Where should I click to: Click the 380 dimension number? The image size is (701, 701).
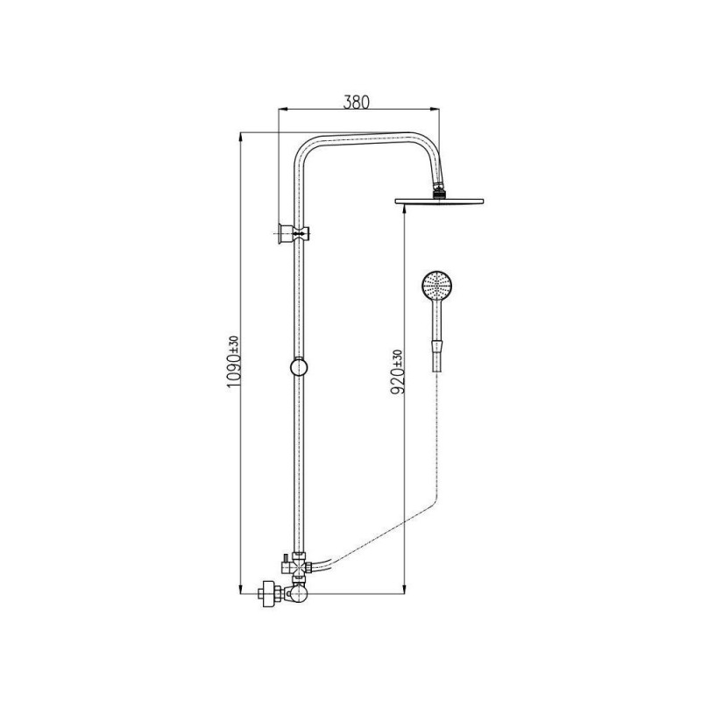click(x=357, y=103)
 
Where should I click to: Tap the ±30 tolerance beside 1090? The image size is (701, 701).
click(x=235, y=345)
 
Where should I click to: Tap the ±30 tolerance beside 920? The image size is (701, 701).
click(x=399, y=358)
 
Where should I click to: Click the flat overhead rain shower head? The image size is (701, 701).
click(x=439, y=201)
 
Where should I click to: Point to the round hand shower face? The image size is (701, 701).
click(x=437, y=285)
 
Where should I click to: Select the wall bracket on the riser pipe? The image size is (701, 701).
click(x=294, y=233)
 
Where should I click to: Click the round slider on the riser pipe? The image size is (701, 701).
click(x=299, y=367)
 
